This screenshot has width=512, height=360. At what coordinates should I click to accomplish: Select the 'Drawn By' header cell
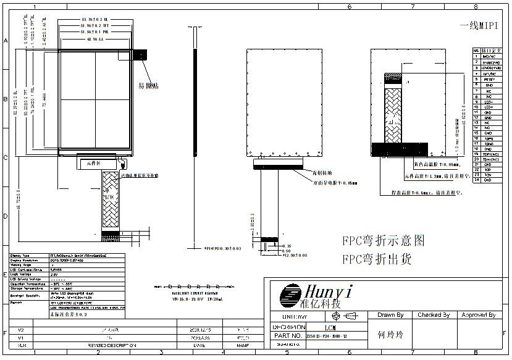coord(390,315)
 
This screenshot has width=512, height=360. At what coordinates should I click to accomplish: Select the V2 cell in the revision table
coord(22,330)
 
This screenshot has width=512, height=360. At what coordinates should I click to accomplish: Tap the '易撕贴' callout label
coord(148,85)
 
